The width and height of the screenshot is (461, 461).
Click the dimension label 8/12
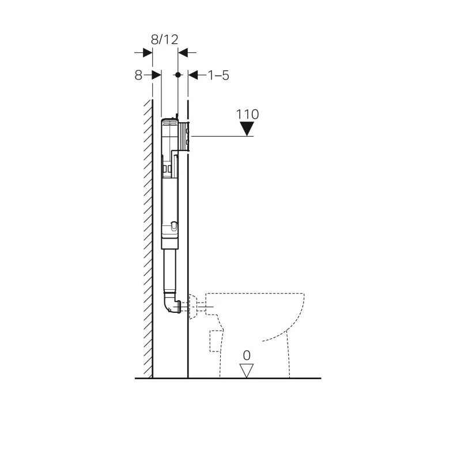tap(164, 39)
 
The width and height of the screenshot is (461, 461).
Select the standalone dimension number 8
tap(138, 75)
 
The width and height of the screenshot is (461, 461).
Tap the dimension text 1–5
tap(218, 75)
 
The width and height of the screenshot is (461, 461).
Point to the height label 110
tap(247, 114)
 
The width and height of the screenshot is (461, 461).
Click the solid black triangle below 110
tap(247, 130)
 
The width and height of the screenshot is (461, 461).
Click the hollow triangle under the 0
tap(247, 371)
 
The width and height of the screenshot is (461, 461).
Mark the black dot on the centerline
tap(178, 75)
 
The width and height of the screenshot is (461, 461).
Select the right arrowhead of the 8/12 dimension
tap(183, 52)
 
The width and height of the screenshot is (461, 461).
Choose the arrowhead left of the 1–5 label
tap(194, 75)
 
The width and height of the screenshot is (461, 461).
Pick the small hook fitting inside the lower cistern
tap(174, 226)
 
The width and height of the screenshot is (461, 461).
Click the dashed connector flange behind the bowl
tap(197, 305)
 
